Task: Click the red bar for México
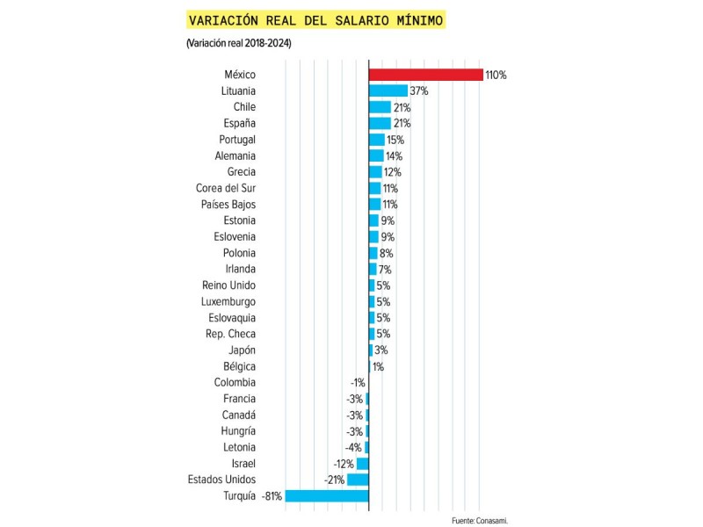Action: tap(425, 75)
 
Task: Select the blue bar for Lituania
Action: tap(388, 90)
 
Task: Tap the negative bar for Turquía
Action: tap(327, 495)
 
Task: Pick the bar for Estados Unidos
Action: tap(358, 480)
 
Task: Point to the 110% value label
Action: tap(496, 75)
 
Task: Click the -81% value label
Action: tap(272, 496)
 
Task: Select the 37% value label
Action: tap(418, 90)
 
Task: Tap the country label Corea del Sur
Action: tap(226, 188)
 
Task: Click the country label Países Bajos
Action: tap(228, 204)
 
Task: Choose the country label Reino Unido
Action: tap(228, 285)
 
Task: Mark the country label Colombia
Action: tap(235, 382)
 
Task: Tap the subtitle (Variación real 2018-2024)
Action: tap(238, 43)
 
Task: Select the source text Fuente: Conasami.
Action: tap(480, 520)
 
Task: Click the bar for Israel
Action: tap(362, 463)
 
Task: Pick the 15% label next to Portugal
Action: tap(395, 140)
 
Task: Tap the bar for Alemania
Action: tap(376, 155)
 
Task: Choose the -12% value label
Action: tap(344, 463)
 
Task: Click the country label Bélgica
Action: tap(238, 366)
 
